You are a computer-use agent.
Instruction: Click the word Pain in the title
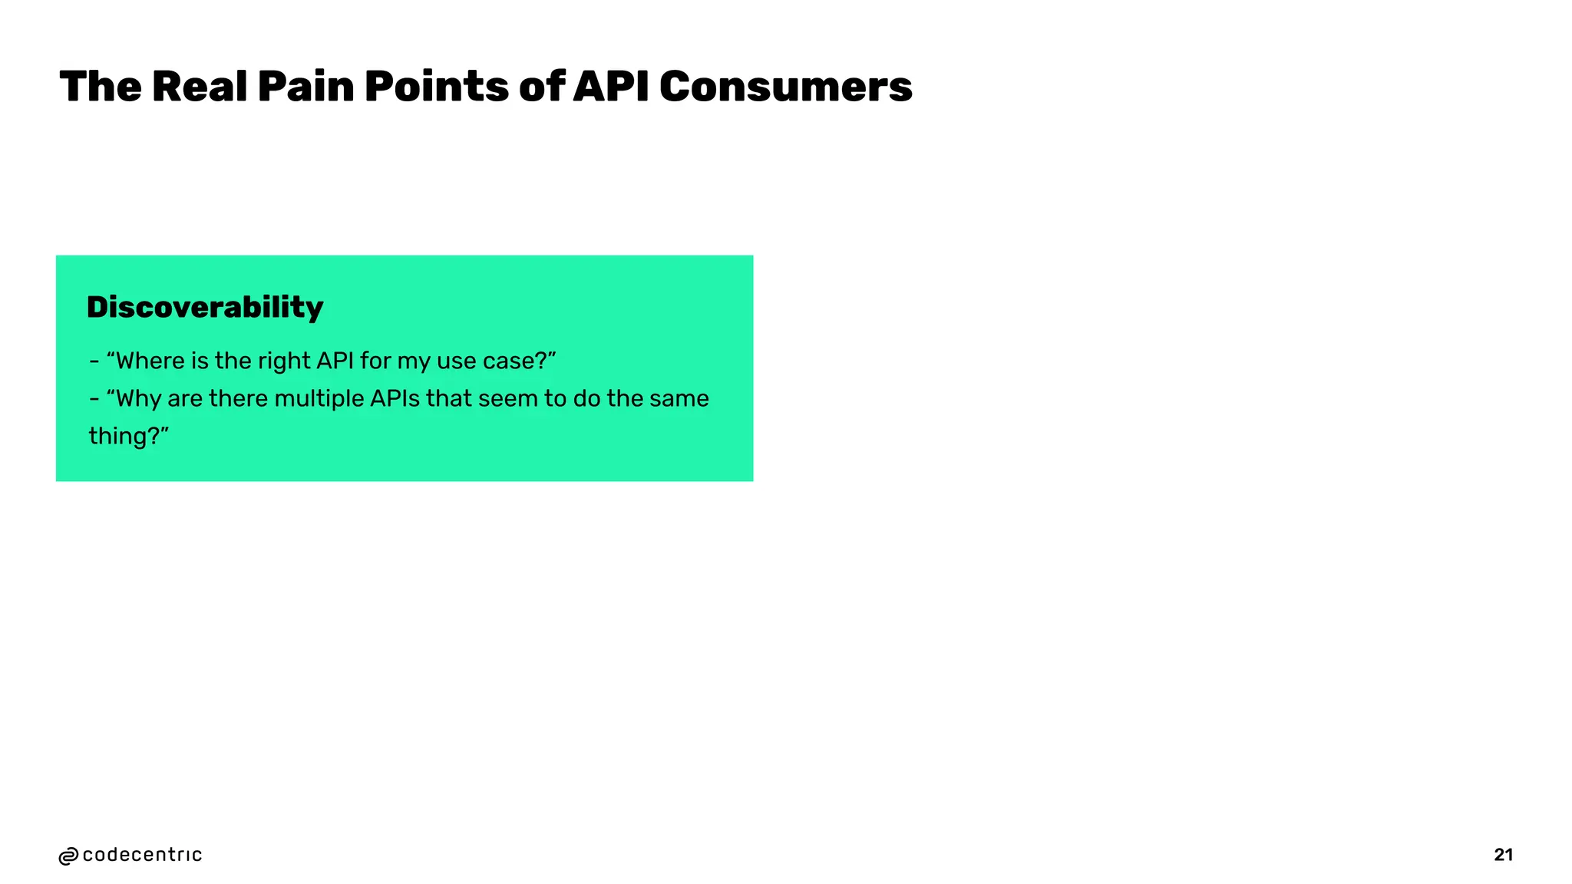[305, 86]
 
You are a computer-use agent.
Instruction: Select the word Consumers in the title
[785, 86]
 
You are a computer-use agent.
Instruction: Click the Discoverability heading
[205, 307]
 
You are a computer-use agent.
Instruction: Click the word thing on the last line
[118, 436]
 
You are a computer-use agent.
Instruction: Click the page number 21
[1503, 855]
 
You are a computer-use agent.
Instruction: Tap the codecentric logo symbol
[68, 856]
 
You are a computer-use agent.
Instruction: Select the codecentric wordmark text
[142, 855]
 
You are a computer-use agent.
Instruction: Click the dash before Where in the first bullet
[94, 361]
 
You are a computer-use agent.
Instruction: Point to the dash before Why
[94, 399]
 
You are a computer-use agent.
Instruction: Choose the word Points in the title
[436, 86]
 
